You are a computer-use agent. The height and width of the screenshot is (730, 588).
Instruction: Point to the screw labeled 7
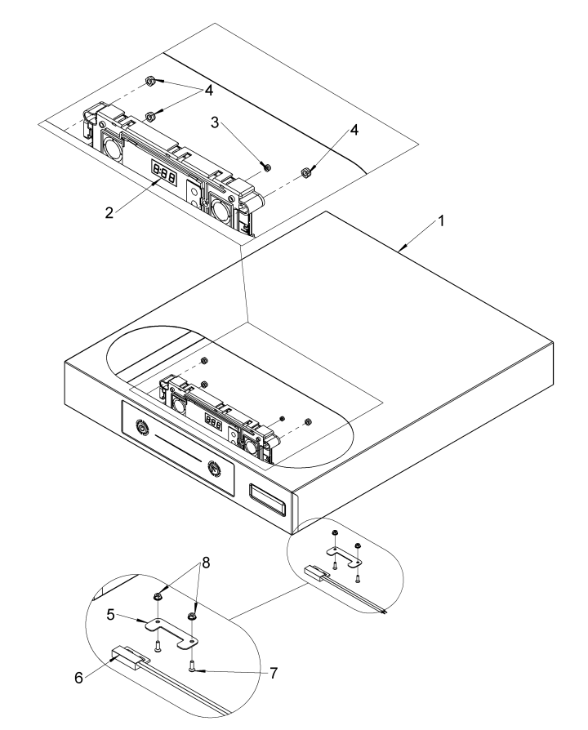click(192, 666)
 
